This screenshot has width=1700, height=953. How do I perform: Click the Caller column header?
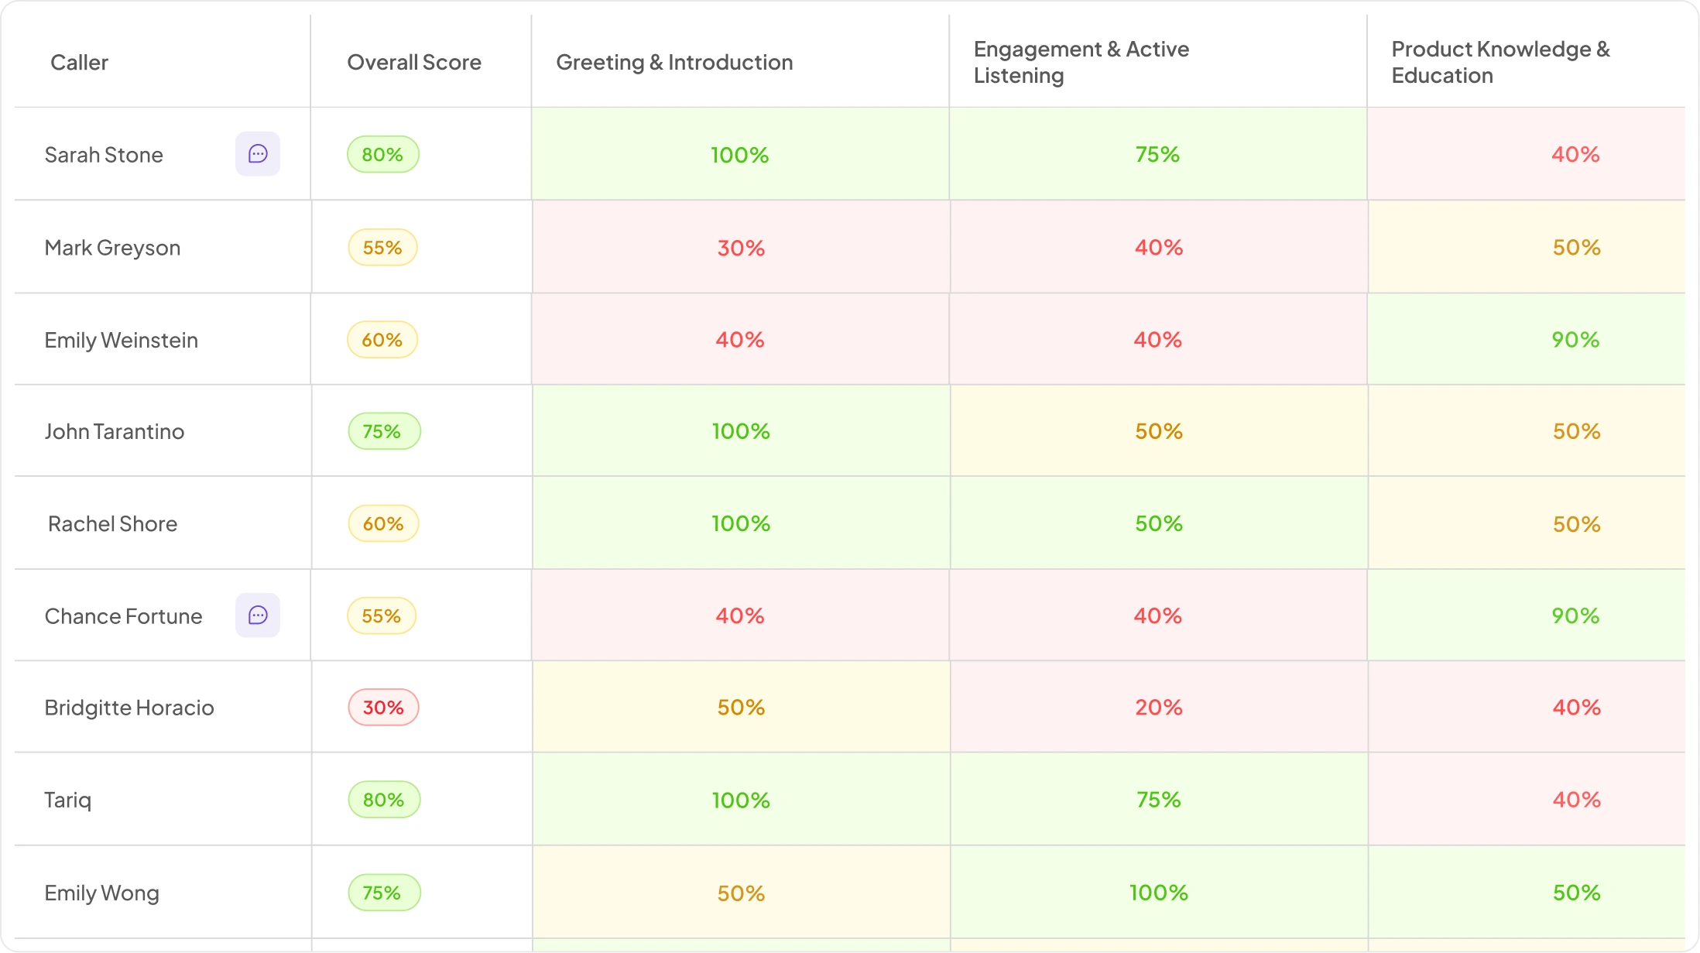coord(79,62)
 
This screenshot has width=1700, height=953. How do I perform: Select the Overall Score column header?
coord(414,62)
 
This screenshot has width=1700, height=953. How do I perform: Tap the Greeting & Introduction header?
coord(674,62)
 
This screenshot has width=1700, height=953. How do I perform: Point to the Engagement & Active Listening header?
coord(1081,62)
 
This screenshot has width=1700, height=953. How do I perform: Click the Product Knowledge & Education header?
coord(1500,62)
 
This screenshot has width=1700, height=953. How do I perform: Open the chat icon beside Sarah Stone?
coord(258,154)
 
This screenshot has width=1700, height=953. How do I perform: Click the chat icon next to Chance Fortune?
coord(258,615)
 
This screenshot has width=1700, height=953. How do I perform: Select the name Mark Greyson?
coord(112,248)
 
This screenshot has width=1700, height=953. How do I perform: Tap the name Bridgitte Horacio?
coord(129,708)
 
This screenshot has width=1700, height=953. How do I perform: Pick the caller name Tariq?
coord(68,800)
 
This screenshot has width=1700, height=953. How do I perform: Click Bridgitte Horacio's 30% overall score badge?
coord(383,708)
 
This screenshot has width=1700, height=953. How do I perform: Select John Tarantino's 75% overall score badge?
coord(384,431)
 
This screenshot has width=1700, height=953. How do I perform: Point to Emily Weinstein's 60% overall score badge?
coord(382,340)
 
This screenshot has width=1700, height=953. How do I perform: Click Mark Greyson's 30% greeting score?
coord(741,248)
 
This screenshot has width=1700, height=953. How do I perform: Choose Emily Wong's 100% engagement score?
coord(1159,893)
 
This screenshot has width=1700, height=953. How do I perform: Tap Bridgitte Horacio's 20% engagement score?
coord(1159,708)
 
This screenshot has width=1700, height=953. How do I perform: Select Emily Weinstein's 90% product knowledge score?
coord(1575,340)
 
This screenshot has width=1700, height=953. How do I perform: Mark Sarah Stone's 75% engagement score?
coord(1157,154)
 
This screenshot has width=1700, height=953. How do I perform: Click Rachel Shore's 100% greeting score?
coord(741,524)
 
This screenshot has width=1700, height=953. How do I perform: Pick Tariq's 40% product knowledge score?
coord(1576,800)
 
